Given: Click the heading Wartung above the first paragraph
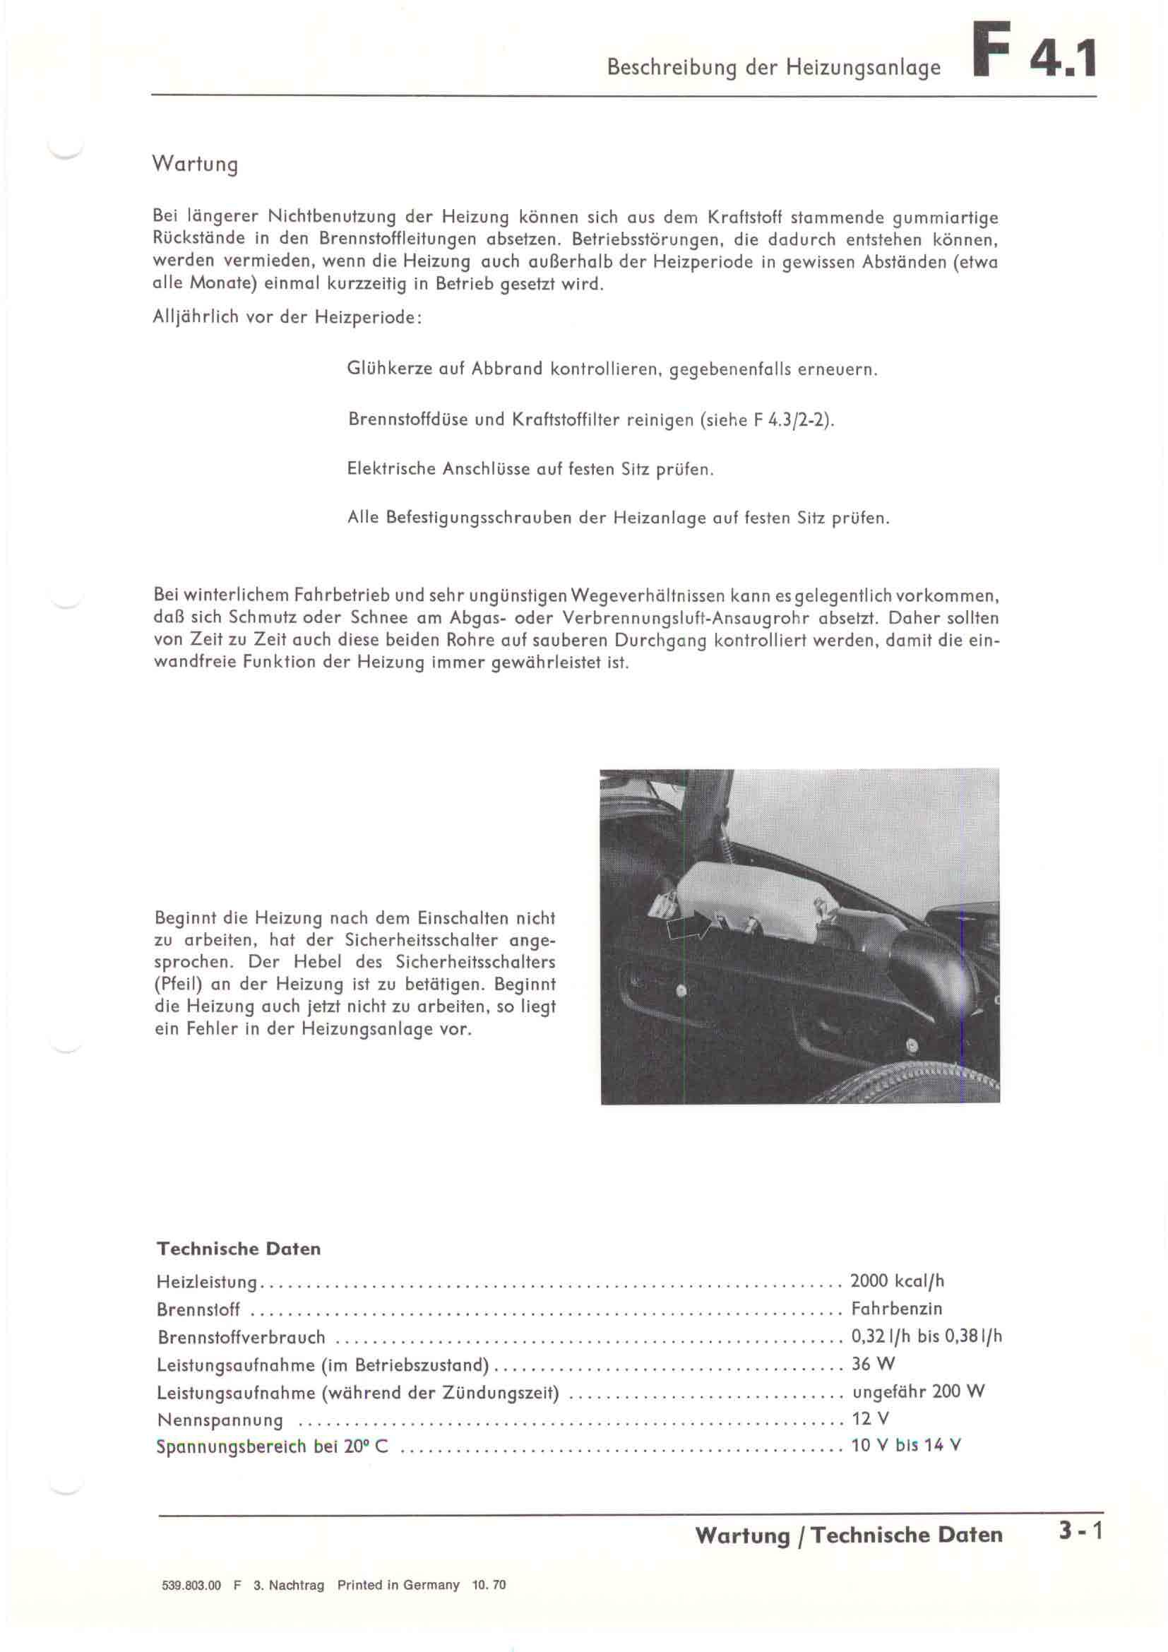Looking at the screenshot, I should pyautogui.click(x=194, y=165).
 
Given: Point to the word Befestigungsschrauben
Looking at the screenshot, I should pyautogui.click(x=481, y=518).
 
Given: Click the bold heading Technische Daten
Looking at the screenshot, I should pyautogui.click(x=238, y=1249).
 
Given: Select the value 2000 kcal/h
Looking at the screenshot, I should pyautogui.click(x=896, y=1281).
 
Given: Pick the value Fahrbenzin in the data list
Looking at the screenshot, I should pyautogui.click(x=896, y=1309).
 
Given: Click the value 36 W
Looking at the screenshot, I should pyautogui.click(x=872, y=1365).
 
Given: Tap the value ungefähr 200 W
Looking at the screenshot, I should pyautogui.click(x=918, y=1391).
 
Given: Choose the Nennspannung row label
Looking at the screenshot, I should pyautogui.click(x=220, y=1420).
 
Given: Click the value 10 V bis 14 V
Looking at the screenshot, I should pyautogui.click(x=905, y=1446).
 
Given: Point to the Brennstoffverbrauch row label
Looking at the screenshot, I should pyautogui.click(x=241, y=1338).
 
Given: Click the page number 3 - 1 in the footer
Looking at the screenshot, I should pyautogui.click(x=1080, y=1535).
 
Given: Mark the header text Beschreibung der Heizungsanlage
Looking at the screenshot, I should pyautogui.click(x=773, y=68).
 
